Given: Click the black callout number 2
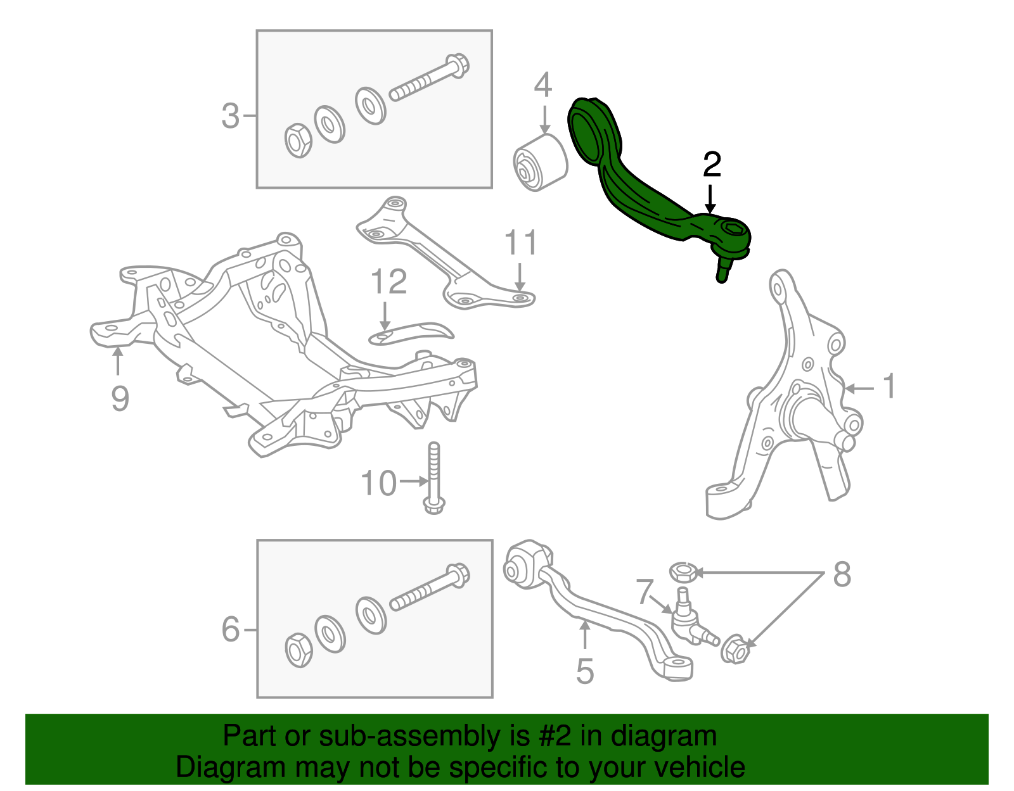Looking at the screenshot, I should coord(712,165).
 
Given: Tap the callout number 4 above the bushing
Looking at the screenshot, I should coord(543,85).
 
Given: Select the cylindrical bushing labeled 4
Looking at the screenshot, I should coord(539,163).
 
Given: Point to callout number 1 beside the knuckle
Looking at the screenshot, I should coord(889,386).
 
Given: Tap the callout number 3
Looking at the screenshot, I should coord(230,117).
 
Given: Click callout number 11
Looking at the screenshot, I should coord(520,243).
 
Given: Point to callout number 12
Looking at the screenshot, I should coord(388,282).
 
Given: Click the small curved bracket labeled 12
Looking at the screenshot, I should coord(412,332).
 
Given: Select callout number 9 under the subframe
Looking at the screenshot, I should coord(120,399).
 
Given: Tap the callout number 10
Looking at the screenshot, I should coord(378,483).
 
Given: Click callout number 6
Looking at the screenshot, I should coord(230,630).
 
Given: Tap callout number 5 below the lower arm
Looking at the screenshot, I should coord(584,671).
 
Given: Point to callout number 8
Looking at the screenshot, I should coord(842,574).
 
